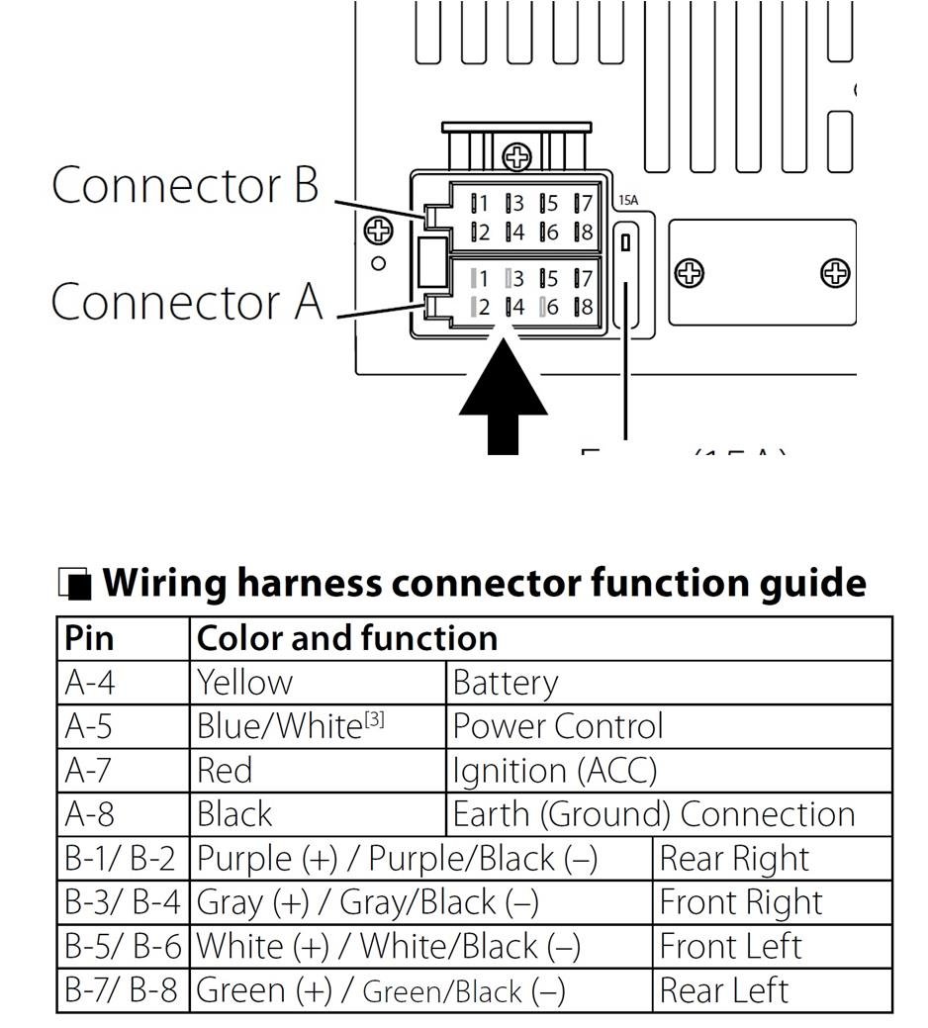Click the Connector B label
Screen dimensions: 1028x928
tap(185, 185)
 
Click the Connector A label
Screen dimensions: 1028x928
tap(187, 301)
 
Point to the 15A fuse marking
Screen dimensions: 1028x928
tap(628, 201)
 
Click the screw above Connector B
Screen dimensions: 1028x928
tap(516, 156)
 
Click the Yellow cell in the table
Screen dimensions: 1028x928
tap(244, 683)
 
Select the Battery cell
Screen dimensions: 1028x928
tap(505, 683)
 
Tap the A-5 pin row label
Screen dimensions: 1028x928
tap(89, 726)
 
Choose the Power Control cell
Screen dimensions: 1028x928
tap(558, 726)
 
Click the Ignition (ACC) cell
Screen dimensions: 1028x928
tap(554, 770)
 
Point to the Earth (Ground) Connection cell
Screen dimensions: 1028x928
tap(653, 813)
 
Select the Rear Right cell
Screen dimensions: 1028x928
tap(733, 858)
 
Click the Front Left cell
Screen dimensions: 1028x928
tap(730, 945)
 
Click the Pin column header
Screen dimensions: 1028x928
tap(89, 638)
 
